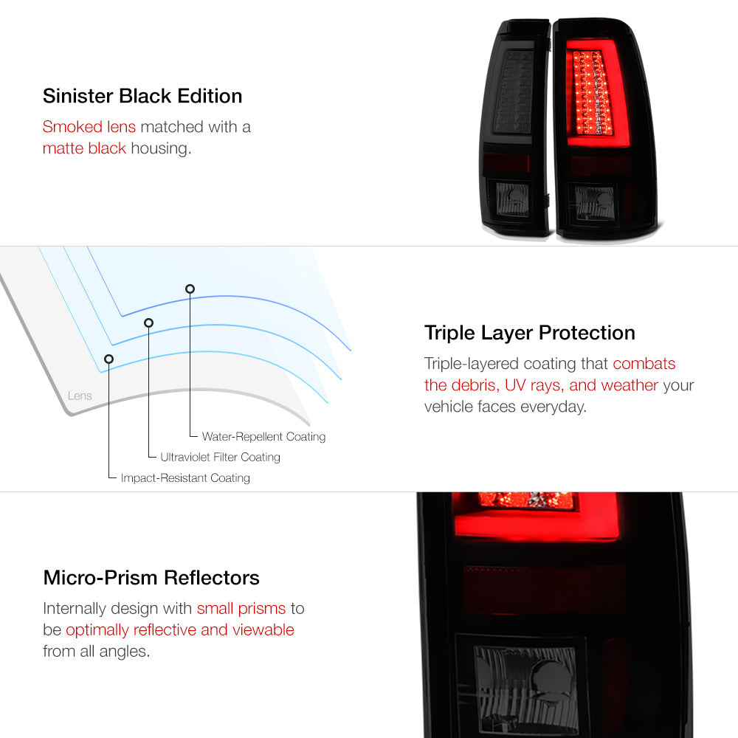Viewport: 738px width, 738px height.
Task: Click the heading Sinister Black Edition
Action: tap(142, 96)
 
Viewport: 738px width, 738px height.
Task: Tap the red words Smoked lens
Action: tap(89, 127)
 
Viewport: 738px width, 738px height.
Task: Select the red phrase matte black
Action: tap(84, 148)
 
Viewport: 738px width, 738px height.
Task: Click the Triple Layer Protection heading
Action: tap(529, 334)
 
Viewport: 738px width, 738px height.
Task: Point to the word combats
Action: tap(644, 363)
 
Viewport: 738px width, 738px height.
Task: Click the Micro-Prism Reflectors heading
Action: tap(151, 578)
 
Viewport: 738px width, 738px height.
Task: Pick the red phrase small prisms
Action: tap(241, 609)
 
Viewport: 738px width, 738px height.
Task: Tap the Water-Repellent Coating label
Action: tap(263, 437)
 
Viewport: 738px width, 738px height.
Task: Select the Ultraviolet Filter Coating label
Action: tap(220, 457)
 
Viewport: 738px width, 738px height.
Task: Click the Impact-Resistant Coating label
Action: tap(185, 478)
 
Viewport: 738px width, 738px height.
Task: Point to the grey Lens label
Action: tap(80, 396)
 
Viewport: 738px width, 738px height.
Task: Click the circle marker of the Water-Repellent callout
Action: tap(190, 289)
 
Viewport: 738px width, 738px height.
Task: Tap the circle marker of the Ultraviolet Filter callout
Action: tap(149, 323)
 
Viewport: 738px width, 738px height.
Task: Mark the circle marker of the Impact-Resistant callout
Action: tap(108, 359)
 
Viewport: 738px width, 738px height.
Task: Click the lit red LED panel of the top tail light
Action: tap(592, 92)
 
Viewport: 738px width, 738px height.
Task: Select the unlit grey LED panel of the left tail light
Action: tap(513, 92)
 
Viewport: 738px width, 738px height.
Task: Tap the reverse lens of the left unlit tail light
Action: tap(513, 199)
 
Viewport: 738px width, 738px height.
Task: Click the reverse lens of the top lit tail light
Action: tap(594, 203)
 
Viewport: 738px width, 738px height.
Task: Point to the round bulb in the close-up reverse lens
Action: tap(550, 677)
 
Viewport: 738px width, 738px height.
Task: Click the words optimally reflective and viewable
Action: tap(180, 630)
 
